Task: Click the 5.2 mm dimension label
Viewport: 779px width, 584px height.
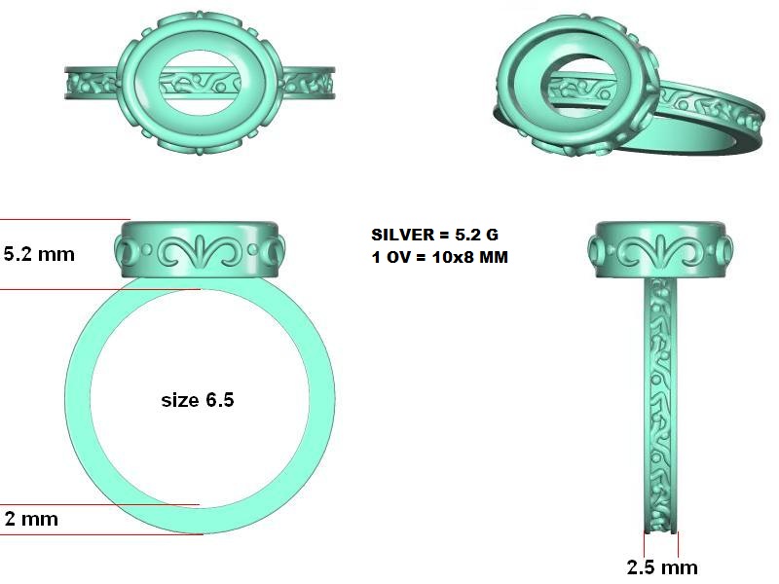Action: point(39,254)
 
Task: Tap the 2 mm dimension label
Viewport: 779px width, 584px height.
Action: point(31,519)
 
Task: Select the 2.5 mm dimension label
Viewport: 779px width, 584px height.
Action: point(662,567)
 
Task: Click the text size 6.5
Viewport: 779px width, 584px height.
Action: point(198,400)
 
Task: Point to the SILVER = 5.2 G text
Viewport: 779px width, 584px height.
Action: point(434,235)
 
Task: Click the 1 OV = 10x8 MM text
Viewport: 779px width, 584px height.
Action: point(440,257)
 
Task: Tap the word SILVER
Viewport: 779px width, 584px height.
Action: point(403,235)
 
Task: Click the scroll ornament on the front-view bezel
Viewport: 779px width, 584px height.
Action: point(200,250)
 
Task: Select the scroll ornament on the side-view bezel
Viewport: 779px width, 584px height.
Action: point(660,250)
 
